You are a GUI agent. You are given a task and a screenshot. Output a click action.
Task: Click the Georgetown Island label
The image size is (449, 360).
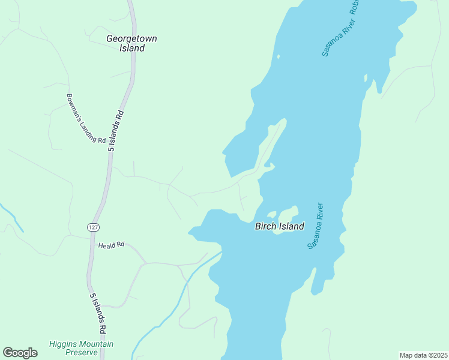click(x=131, y=43)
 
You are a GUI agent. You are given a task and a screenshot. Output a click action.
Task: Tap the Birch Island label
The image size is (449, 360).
click(x=280, y=226)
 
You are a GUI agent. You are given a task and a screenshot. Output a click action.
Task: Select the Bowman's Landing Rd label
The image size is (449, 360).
click(x=86, y=118)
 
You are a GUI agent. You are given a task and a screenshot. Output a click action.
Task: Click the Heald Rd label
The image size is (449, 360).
click(x=111, y=245)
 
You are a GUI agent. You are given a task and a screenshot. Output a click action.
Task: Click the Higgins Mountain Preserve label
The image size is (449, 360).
click(x=81, y=348)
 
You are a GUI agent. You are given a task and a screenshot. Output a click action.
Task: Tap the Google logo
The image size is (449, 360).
click(x=20, y=353)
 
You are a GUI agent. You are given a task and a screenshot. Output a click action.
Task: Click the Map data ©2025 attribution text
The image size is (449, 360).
click(x=423, y=355)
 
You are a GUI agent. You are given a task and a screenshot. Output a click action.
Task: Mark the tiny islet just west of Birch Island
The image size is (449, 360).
click(x=271, y=214)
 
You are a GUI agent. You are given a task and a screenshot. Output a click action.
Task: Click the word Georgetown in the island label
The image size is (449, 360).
click(x=131, y=38)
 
